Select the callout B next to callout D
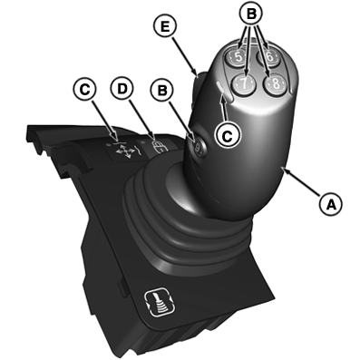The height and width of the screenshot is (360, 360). coord(163,90)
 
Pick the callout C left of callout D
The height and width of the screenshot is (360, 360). coord(83,90)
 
